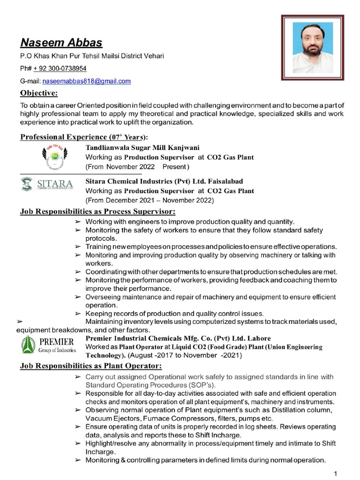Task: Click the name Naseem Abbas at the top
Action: pos(61,43)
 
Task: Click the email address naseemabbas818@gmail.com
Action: pos(87,81)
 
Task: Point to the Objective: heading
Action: pos(39,93)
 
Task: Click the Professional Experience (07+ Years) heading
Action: pos(84,137)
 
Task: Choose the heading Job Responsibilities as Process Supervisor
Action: pos(97,211)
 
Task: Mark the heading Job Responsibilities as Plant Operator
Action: pos(91,366)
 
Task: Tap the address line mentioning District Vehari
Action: pos(92,56)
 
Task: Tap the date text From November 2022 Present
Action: pos(137,167)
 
